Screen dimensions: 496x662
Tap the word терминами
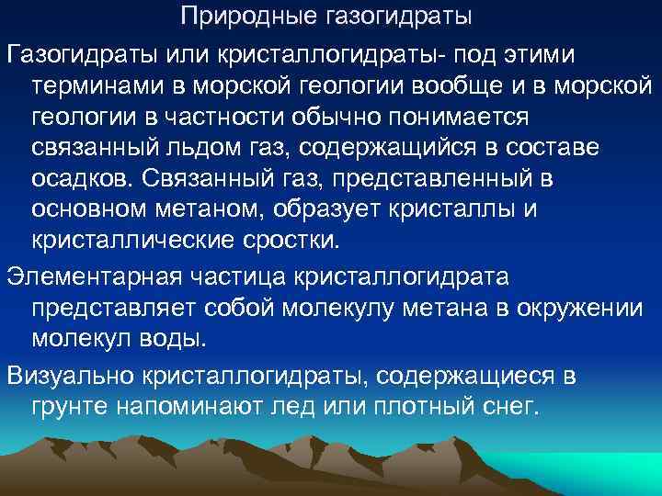coord(97,85)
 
